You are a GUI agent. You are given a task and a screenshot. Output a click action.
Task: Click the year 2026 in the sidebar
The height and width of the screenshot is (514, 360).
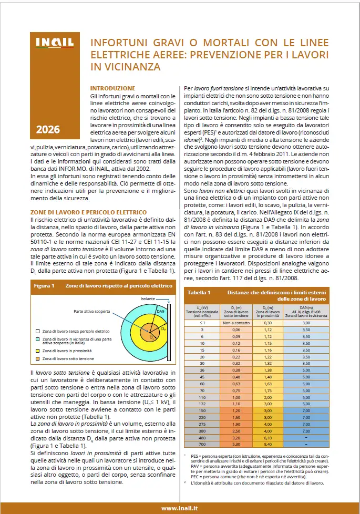pos(48,129)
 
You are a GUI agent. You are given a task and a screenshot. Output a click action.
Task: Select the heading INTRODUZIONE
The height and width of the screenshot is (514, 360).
pos(112,88)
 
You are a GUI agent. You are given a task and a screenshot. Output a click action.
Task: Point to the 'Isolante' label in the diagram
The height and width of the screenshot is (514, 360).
pos(149,298)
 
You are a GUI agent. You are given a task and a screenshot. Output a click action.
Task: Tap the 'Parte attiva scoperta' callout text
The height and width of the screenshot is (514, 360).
pos(93,311)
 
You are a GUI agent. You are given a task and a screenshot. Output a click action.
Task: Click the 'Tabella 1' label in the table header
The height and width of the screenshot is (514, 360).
pos(199,292)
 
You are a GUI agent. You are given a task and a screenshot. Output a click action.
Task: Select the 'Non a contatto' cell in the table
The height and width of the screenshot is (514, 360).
pos(235,322)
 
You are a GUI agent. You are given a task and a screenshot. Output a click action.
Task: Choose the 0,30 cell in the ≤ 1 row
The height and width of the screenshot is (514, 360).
pos(269,322)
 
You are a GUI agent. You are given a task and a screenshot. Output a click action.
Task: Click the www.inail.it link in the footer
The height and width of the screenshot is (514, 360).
pos(179,508)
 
